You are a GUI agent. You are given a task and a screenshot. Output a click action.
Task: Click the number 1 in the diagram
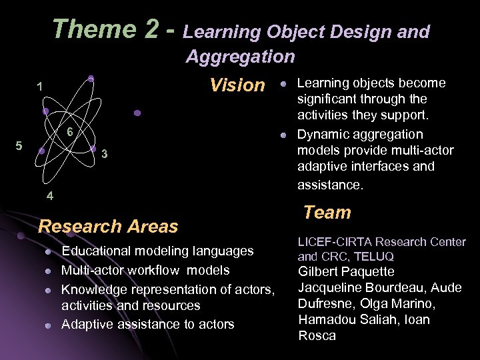point(41,87)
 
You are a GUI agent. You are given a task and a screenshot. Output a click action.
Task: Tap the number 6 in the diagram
point(69,133)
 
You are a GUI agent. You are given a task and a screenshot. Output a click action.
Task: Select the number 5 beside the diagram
point(19,146)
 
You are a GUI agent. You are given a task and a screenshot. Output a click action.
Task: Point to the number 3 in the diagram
point(105,155)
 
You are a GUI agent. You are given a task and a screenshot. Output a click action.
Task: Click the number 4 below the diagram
point(50,196)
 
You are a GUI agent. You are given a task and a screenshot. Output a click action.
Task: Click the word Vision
point(237,85)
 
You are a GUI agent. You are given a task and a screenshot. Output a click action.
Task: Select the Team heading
point(327,213)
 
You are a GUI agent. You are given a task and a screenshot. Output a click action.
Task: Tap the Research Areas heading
point(108,226)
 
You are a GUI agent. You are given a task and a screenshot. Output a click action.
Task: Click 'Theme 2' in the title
point(106,30)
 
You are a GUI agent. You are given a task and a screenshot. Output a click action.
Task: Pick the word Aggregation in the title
point(240,57)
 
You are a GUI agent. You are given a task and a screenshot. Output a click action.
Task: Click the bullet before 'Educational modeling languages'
point(48,251)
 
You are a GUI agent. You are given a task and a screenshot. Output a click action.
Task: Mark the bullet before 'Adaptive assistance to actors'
point(48,325)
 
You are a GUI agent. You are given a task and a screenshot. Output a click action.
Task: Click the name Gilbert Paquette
point(346,271)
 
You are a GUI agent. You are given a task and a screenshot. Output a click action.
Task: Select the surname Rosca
point(317,336)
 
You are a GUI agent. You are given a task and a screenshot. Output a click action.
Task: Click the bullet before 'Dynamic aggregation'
point(283,135)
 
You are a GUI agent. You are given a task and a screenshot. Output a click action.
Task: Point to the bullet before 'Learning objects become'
point(283,84)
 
